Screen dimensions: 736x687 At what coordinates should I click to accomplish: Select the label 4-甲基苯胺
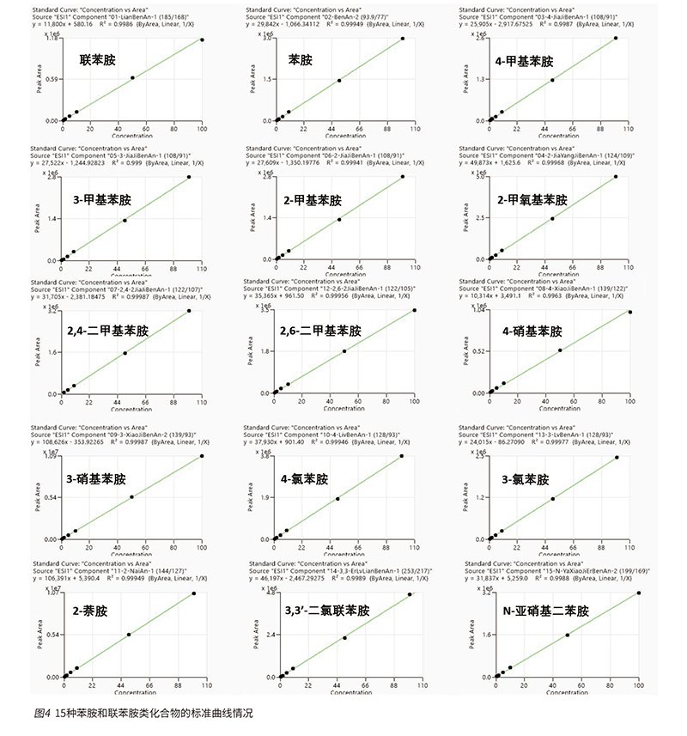524,62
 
